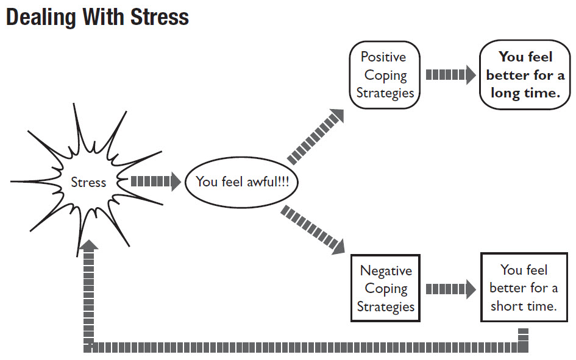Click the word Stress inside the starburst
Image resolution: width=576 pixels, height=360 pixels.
coord(88,182)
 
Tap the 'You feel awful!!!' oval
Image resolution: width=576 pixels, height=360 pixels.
coord(243,182)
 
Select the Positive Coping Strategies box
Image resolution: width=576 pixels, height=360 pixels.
coord(385,75)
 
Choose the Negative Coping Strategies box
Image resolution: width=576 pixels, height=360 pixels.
coord(385,288)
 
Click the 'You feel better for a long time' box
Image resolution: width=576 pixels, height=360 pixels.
coord(525,75)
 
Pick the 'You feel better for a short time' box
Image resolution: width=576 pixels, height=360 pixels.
coord(524,288)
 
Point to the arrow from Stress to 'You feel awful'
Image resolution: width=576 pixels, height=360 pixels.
coord(155,182)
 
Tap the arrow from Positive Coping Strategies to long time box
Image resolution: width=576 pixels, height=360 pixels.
coord(450,75)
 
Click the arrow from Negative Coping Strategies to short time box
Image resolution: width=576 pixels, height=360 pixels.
coord(450,289)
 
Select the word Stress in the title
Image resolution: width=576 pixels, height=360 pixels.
coord(160,18)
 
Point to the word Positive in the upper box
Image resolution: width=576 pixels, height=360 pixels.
coord(383,57)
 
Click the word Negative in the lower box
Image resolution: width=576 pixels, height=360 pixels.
coord(386,270)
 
